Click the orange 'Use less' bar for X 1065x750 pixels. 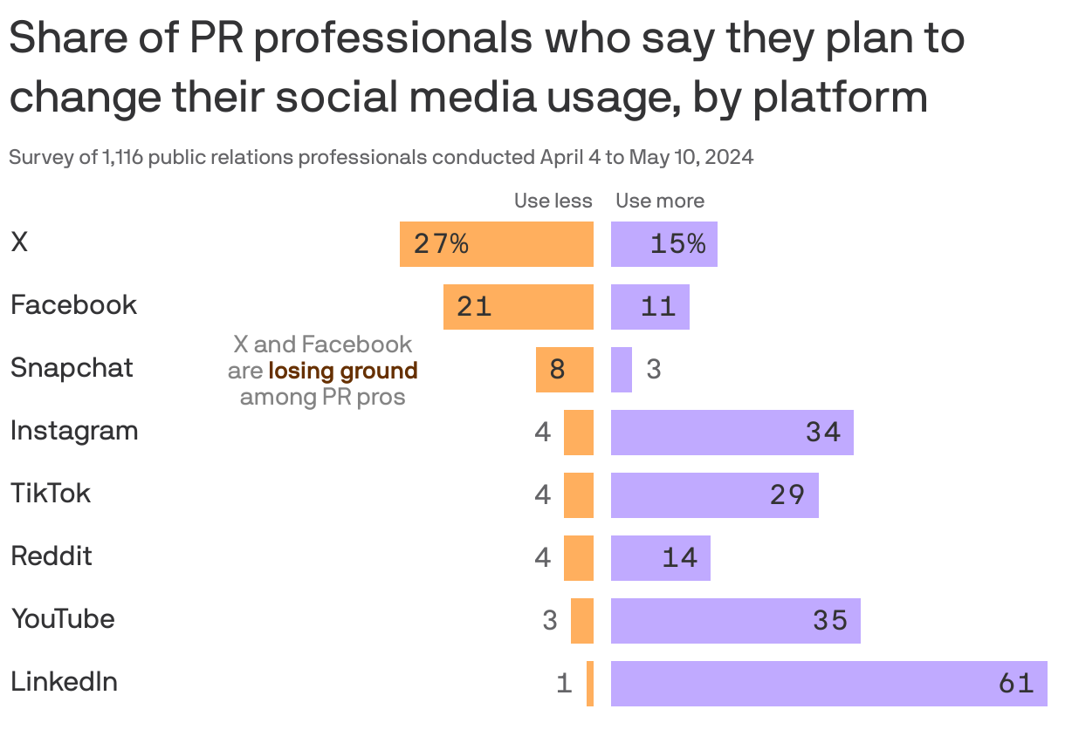(x=497, y=244)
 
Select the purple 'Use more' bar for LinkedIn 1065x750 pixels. (x=828, y=684)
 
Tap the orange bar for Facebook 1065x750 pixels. (x=519, y=307)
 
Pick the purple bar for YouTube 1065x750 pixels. (x=735, y=621)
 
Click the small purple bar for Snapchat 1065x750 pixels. (x=622, y=370)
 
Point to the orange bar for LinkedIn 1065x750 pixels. (x=590, y=684)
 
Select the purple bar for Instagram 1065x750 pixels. (x=732, y=433)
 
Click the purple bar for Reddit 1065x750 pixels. (x=660, y=558)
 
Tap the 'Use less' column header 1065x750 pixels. (x=553, y=201)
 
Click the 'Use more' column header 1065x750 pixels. (x=660, y=201)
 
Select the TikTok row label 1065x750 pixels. (x=51, y=494)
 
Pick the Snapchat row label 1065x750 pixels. (x=72, y=368)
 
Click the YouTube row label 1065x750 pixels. (x=63, y=619)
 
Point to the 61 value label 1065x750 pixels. (x=1016, y=684)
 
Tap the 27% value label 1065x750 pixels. (x=441, y=244)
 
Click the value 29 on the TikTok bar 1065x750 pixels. (x=787, y=495)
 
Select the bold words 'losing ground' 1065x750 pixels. (x=343, y=371)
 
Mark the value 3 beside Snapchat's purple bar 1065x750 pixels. (x=654, y=370)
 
